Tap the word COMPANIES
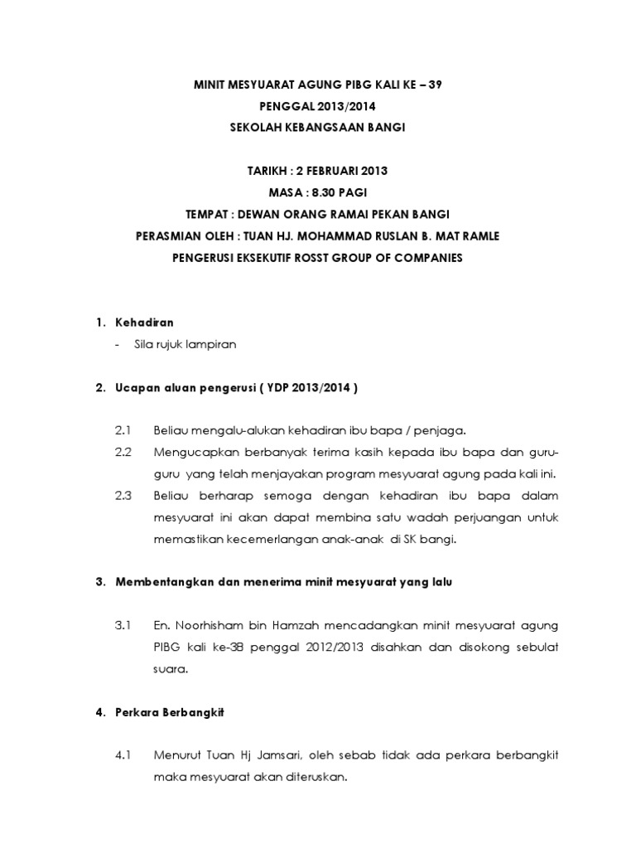[x=430, y=258]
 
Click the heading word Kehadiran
[x=144, y=323]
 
